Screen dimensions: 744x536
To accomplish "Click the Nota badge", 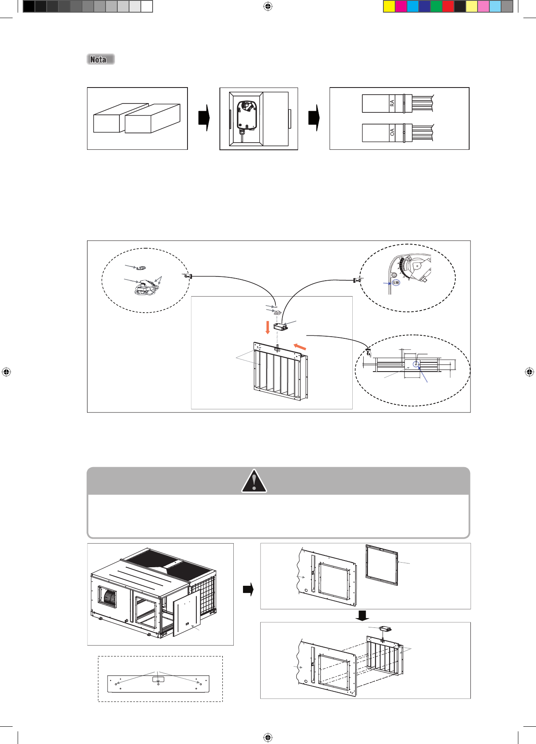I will [100, 59].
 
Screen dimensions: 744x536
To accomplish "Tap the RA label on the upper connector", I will [392, 103].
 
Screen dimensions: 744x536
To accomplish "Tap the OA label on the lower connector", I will [392, 132].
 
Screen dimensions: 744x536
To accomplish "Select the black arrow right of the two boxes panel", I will [204, 118].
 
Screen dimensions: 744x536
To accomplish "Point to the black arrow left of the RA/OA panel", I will [314, 118].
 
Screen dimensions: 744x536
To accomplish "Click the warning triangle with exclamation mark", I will [254, 481].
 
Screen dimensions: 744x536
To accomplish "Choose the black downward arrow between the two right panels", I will [362, 616].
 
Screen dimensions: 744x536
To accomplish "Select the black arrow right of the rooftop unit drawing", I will [248, 589].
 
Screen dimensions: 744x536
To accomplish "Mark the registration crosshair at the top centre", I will [268, 6].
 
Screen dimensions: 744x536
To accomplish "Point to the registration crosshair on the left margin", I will [6, 372].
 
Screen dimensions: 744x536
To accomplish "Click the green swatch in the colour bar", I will [436, 6].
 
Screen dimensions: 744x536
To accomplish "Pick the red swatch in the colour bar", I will [448, 6].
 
